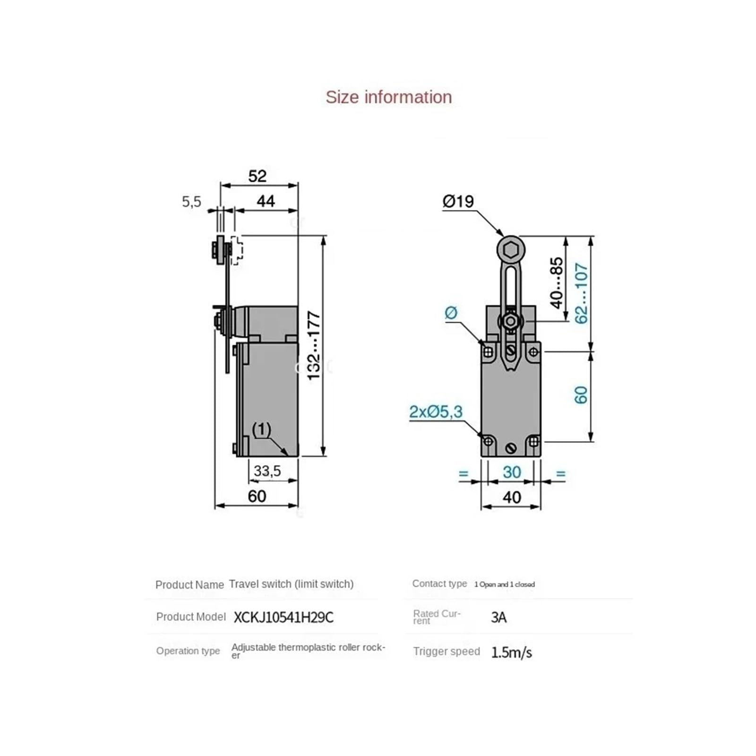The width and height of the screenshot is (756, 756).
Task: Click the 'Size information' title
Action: click(388, 97)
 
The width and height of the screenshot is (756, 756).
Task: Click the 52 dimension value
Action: click(258, 176)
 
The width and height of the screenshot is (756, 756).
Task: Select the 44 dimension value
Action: click(266, 201)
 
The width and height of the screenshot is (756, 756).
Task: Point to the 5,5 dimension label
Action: click(191, 202)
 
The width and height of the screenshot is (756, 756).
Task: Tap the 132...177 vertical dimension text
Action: click(314, 345)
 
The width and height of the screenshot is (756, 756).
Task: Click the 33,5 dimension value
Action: click(267, 471)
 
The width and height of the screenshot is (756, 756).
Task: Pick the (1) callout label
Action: click(261, 430)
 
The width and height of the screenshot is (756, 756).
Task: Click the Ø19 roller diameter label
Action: click(458, 202)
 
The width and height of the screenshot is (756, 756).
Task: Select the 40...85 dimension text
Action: click(557, 283)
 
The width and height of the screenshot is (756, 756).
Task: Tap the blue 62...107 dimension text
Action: click(581, 293)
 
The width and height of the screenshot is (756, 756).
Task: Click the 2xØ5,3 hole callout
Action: click(436, 412)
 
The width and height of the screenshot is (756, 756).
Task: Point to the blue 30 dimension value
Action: click(512, 472)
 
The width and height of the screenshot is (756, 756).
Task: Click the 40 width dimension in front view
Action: click(512, 497)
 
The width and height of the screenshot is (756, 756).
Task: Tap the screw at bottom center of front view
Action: click(511, 448)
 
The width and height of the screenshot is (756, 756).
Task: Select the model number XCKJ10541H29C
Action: click(283, 618)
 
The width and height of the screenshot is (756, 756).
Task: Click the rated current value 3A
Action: click(498, 618)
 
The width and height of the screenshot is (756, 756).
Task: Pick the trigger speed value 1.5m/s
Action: click(511, 653)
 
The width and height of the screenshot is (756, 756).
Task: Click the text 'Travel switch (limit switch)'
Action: click(291, 584)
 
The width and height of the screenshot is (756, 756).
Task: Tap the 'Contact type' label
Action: click(439, 584)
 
